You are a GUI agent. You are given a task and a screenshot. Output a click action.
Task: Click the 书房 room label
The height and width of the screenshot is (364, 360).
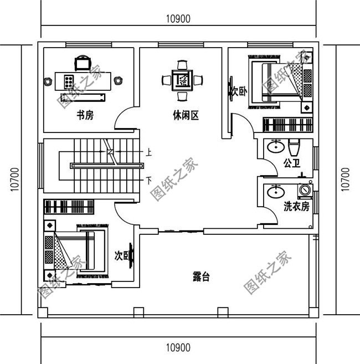(x=84, y=115)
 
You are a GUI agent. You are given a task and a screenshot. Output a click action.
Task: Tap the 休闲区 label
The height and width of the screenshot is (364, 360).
(x=186, y=115)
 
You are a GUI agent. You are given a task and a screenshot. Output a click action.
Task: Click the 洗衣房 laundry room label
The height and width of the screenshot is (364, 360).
(x=296, y=207)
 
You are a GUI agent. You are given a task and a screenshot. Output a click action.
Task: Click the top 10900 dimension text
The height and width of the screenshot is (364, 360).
(x=178, y=18)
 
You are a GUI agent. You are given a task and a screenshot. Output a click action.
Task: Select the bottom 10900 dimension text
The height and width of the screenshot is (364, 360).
(x=178, y=348)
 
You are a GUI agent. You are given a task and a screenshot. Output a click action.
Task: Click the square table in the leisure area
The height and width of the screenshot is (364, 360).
(x=182, y=80)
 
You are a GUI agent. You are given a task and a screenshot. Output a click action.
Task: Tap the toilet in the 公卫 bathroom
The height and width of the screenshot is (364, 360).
(x=294, y=147)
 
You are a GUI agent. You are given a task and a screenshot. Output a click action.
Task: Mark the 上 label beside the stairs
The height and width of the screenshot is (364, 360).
(x=148, y=151)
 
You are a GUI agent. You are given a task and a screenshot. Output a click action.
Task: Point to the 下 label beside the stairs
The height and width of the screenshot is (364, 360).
(x=148, y=180)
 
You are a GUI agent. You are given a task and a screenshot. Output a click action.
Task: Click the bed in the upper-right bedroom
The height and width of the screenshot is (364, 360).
(x=274, y=82)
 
